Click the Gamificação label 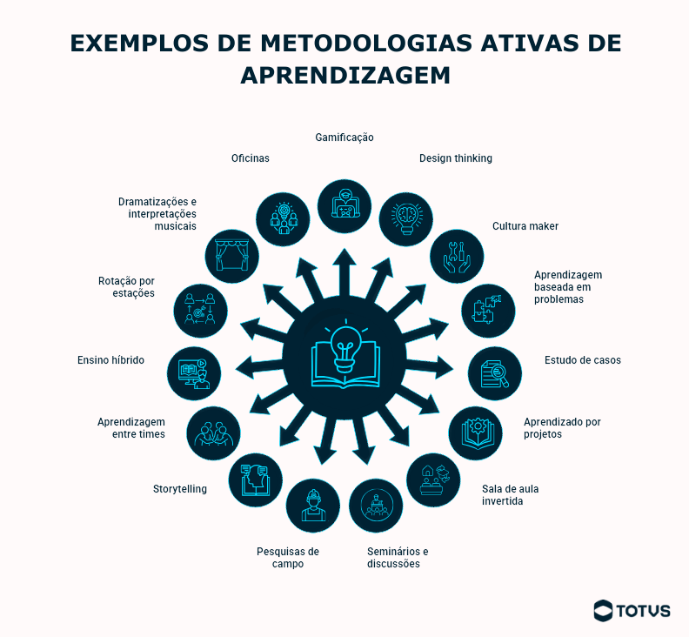click(x=344, y=137)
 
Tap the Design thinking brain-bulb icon click(x=406, y=218)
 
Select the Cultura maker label click(x=525, y=226)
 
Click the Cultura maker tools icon click(x=457, y=256)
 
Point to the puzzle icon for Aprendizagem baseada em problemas click(x=487, y=310)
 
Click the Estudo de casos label click(x=583, y=360)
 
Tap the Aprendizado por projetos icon click(x=476, y=432)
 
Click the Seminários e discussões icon click(x=376, y=506)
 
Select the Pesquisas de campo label click(x=288, y=557)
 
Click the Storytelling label click(x=180, y=489)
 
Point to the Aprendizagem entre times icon click(x=213, y=432)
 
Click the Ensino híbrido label click(x=110, y=360)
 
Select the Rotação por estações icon click(x=200, y=310)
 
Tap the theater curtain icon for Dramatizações click(x=231, y=256)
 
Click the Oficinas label click(x=250, y=158)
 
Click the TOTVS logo click(x=632, y=610)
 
